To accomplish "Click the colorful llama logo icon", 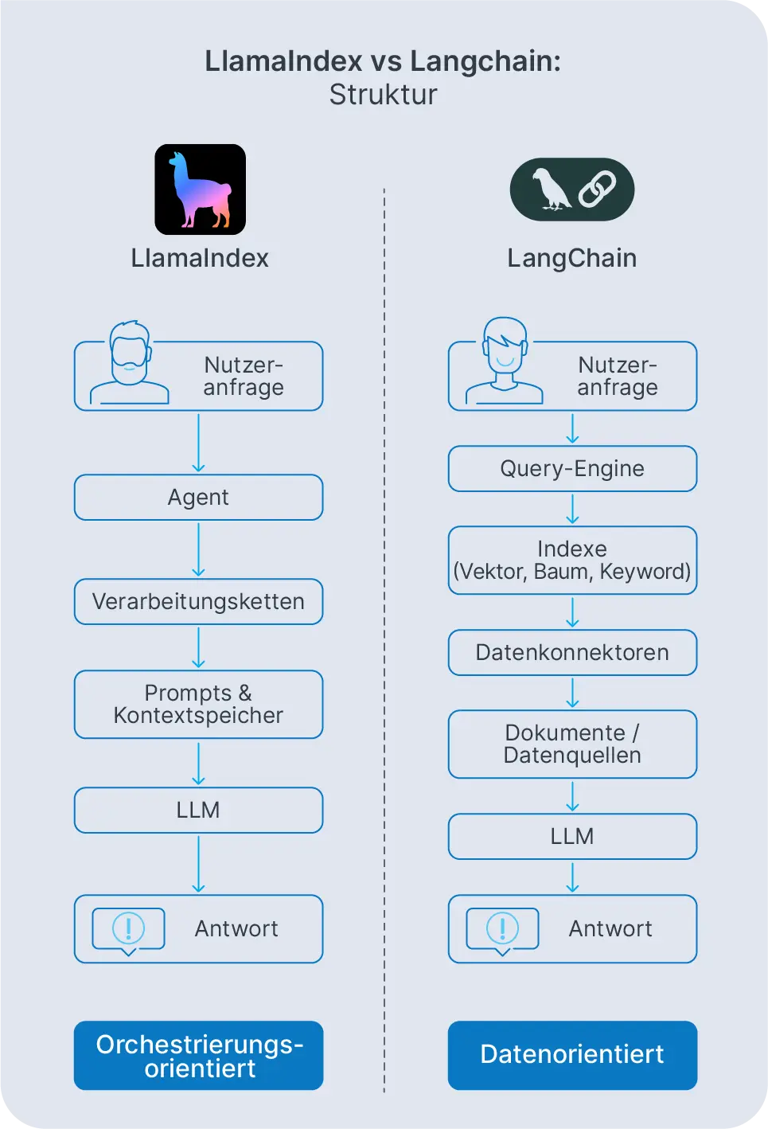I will coord(200,189).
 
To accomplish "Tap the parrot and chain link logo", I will coord(571,189).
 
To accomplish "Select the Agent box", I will coord(198,498).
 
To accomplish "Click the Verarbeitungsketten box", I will coord(198,602).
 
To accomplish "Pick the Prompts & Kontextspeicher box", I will coord(198,705).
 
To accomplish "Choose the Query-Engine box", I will coord(572,469).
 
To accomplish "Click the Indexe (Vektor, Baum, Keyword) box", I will coord(572,561).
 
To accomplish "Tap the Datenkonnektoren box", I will coord(572,653).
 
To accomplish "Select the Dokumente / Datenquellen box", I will coord(572,744).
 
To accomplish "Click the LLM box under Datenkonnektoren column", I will coord(572,837).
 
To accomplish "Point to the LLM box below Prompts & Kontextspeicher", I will coord(198,811).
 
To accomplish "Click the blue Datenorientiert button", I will coord(572,1055).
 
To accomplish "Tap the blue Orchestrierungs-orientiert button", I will coord(198,1056).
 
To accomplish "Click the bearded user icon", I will coord(130,363).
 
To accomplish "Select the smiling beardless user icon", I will coord(505,361).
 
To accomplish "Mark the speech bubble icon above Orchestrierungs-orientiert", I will coord(128,930).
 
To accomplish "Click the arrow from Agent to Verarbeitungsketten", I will coord(198,549).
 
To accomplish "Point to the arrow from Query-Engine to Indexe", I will coord(572,509).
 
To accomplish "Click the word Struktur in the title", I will coord(383,95).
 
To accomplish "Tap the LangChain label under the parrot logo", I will coord(571,259).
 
